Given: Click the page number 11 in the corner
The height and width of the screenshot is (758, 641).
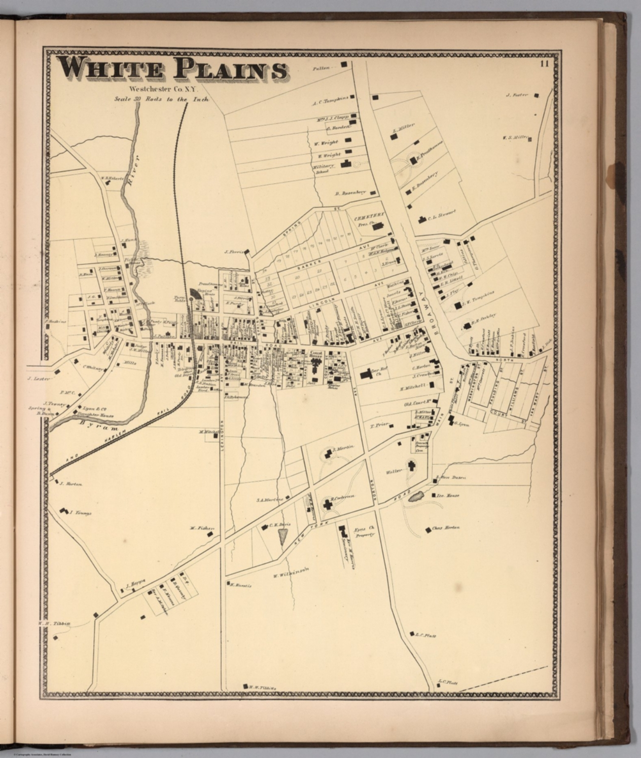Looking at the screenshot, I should [544, 63].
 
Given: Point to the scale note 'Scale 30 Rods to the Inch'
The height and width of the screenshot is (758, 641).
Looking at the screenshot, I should [162, 99].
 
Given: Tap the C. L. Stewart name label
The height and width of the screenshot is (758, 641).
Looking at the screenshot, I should [441, 213].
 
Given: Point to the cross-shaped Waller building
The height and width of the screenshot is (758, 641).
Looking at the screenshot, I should [411, 465].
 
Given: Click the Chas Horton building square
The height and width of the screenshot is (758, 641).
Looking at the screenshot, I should [427, 530].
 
